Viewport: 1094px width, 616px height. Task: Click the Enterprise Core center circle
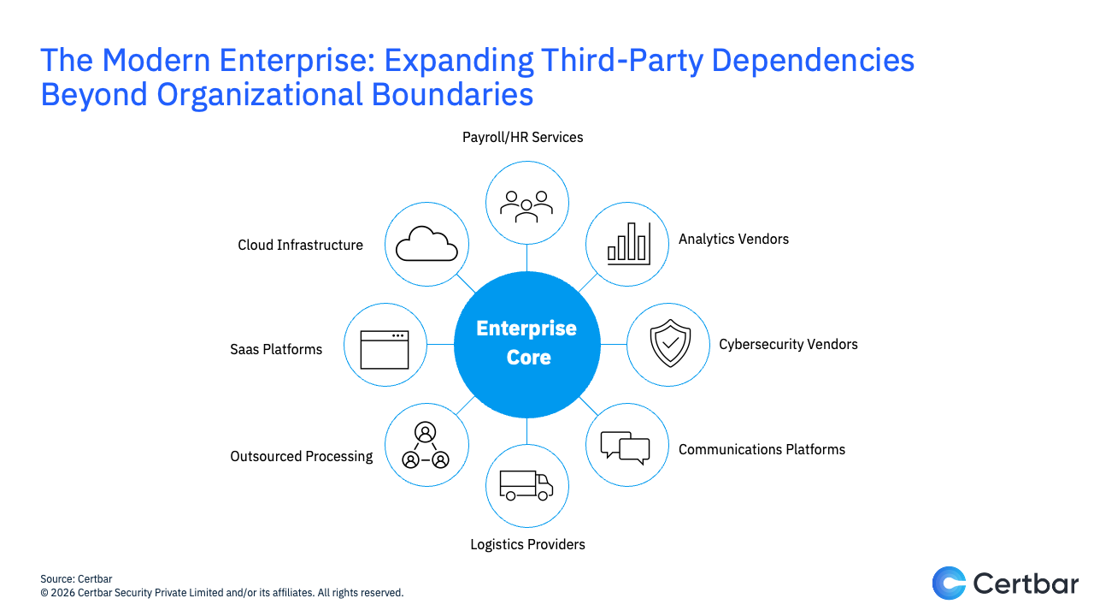tap(526, 343)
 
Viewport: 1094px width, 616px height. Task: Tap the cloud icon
tap(426, 244)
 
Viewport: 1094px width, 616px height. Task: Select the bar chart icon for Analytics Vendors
tap(627, 243)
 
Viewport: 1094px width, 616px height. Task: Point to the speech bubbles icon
tap(626, 446)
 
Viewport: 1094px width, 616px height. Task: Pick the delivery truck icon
tap(526, 485)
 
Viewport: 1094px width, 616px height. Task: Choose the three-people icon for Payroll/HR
tap(526, 204)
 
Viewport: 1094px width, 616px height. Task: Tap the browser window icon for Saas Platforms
tap(385, 348)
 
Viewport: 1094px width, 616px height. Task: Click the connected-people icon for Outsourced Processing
tap(426, 446)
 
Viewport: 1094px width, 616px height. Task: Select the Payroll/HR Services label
tap(522, 137)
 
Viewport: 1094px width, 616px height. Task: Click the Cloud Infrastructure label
tap(300, 245)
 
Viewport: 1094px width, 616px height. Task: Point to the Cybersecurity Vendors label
tap(788, 345)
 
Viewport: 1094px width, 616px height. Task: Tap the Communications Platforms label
tap(762, 449)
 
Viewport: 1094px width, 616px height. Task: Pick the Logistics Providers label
tap(527, 544)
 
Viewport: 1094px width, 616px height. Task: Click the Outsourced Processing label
tap(301, 456)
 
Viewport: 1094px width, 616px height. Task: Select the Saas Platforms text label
tap(276, 349)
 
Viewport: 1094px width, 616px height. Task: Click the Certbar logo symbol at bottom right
tap(949, 583)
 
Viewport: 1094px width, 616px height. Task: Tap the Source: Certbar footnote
tap(76, 579)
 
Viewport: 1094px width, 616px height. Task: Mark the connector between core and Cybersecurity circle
tap(614, 344)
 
